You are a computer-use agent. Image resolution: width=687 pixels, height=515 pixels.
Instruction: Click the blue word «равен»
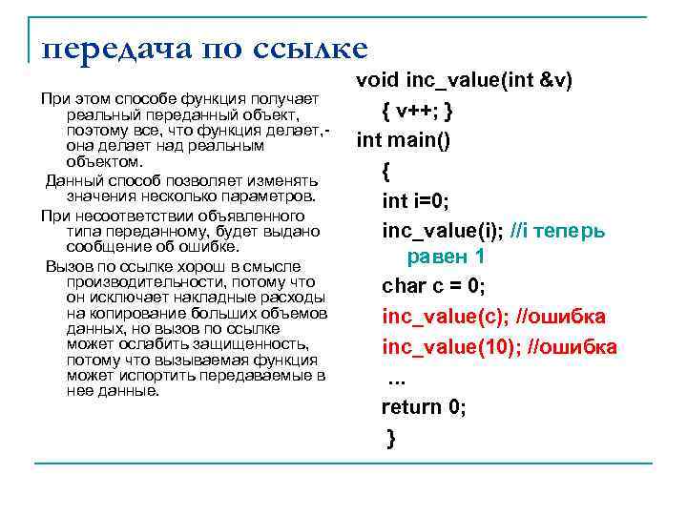(x=438, y=257)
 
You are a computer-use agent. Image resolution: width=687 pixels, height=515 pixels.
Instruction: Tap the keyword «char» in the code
(x=403, y=286)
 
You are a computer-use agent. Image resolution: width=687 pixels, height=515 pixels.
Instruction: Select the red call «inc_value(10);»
(x=448, y=345)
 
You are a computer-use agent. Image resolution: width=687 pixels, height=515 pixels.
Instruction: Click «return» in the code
(x=411, y=407)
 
